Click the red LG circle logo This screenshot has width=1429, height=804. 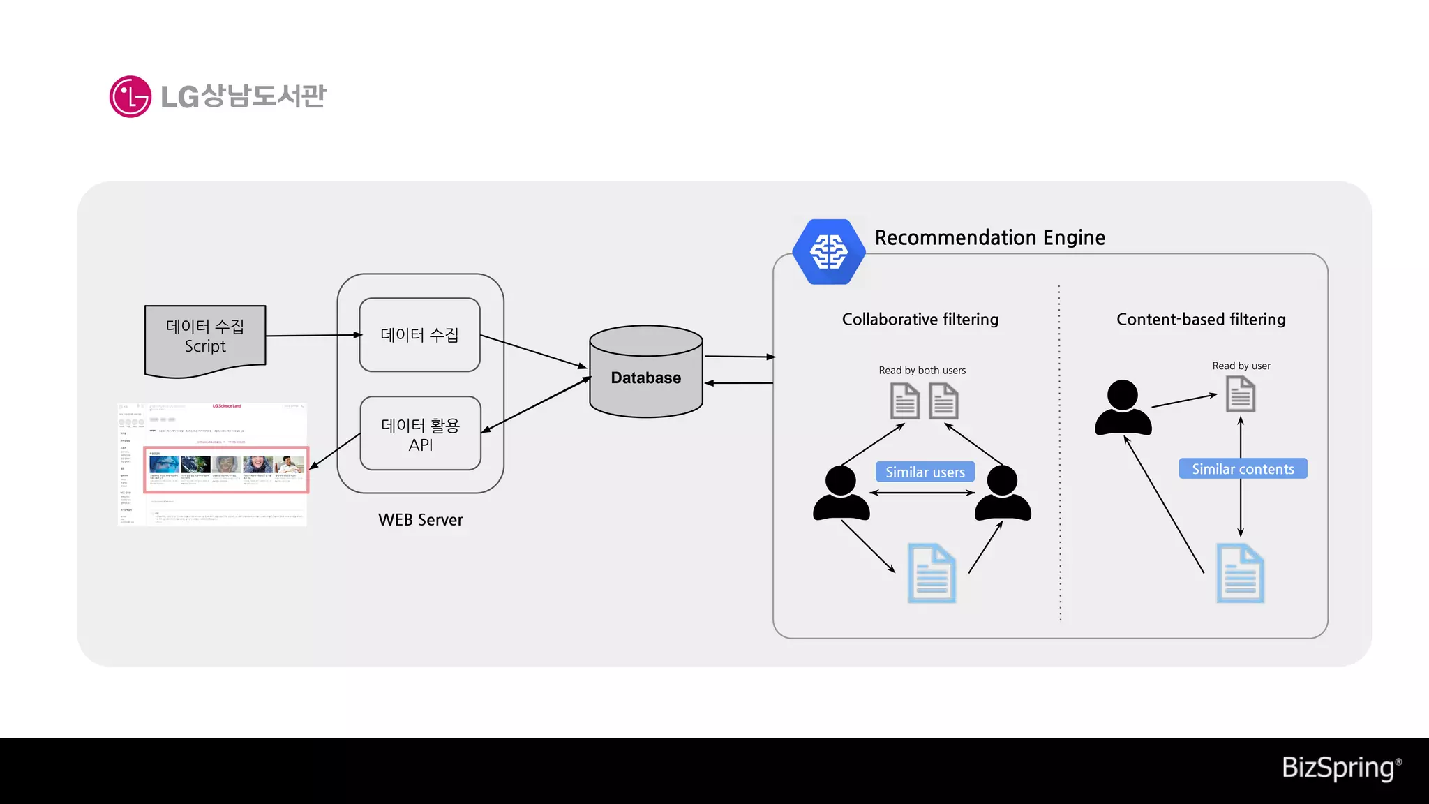pos(130,96)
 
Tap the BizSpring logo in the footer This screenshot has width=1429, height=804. pos(1340,768)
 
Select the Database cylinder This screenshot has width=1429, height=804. pos(645,377)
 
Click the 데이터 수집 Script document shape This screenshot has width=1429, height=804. pos(204,338)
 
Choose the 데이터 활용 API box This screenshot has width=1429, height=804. pos(420,434)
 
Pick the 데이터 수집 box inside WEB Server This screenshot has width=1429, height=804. pos(419,335)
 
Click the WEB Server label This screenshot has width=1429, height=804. pos(420,520)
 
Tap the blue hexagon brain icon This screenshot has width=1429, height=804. pos(829,252)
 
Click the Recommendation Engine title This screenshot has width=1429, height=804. pos(989,238)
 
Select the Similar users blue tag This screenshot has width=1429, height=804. pos(925,472)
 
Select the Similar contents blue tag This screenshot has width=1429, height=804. pos(1243,469)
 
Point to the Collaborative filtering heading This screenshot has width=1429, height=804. pos(920,320)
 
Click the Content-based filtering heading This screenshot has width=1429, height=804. pos(1201,320)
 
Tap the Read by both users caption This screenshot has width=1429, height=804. pos(922,371)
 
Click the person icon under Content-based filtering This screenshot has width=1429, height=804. pos(1123,408)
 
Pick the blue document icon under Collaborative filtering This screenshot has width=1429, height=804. pos(932,574)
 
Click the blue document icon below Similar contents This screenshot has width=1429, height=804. pos(1240,574)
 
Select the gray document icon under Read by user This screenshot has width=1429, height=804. pos(1240,394)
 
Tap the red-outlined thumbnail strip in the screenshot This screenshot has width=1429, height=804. pos(226,470)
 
